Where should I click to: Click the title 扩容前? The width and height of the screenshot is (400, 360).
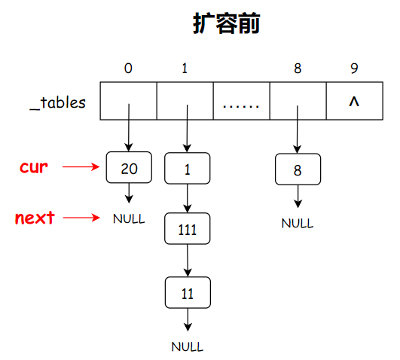pos(226,25)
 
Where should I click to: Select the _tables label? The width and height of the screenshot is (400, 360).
pos(58,102)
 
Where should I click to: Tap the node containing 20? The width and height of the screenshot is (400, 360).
pos(129,168)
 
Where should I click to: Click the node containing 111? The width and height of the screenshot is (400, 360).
pos(186,230)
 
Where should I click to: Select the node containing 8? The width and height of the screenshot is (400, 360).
pos(298,169)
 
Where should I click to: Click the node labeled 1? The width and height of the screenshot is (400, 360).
pos(186,169)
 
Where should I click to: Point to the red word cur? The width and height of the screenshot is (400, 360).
pos(35,167)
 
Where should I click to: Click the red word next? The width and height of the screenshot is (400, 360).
pos(35,218)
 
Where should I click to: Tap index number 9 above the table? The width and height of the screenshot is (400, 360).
pos(354,69)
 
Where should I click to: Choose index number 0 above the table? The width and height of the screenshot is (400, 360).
pos(128,69)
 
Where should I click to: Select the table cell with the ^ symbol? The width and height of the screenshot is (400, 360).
pos(354,102)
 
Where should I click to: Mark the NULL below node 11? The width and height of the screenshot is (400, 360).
pos(187,347)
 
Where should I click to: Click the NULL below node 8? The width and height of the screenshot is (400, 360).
pos(298,223)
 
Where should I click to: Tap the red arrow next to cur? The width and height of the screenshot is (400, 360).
pos(81,168)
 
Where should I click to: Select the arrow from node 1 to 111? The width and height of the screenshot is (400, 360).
pos(186,199)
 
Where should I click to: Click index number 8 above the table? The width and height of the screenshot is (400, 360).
pos(298,69)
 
